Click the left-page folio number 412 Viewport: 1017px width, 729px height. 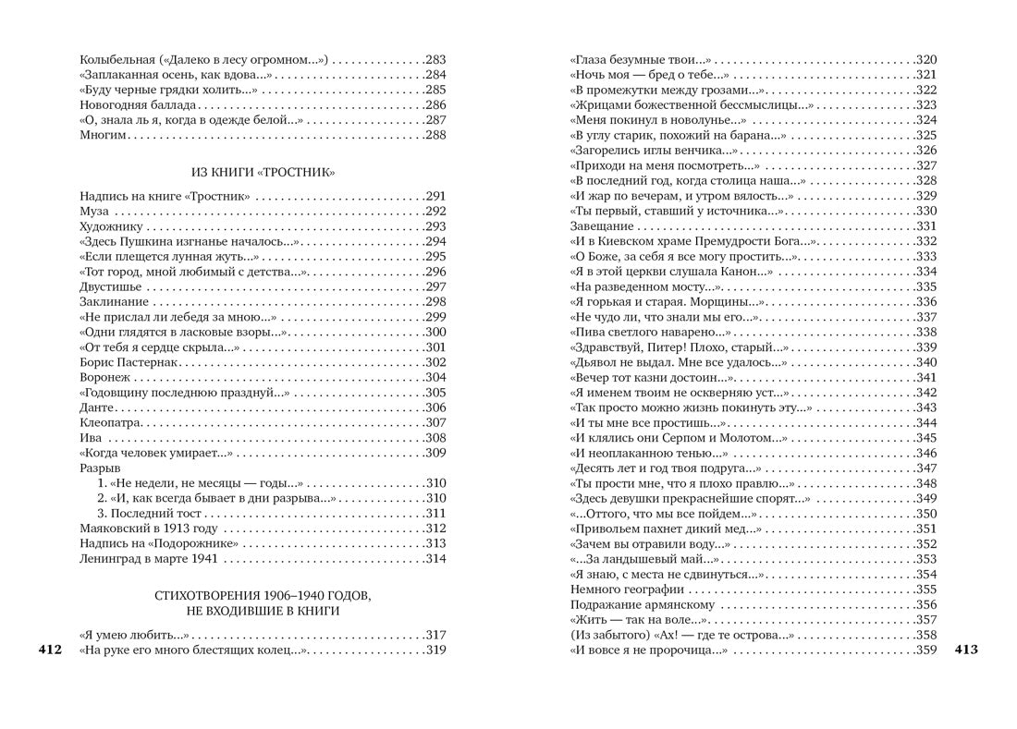coord(49,650)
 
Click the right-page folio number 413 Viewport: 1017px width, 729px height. coord(966,650)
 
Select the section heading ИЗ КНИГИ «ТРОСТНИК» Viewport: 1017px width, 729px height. coord(263,172)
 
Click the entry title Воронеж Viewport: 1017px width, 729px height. coord(104,377)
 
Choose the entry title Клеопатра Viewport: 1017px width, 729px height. coord(109,422)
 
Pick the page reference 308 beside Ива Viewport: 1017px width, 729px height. coord(435,437)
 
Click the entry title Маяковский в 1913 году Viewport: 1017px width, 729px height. coord(149,529)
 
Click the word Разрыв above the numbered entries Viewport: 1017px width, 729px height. coord(101,468)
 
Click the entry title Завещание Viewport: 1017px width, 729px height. coord(602,226)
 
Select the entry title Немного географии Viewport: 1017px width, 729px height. coord(627,589)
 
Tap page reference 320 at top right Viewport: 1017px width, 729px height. coord(926,60)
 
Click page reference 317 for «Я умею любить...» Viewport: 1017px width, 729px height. coord(435,635)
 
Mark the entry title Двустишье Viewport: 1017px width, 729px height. coord(109,286)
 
